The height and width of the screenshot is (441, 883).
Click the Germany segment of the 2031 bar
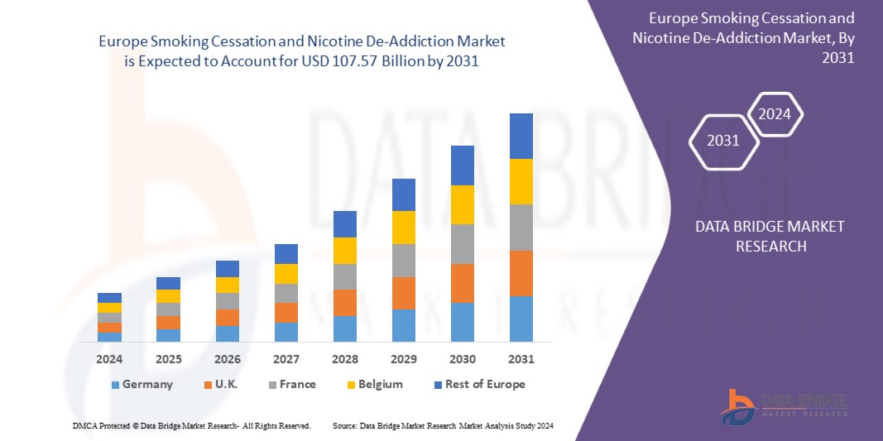point(521,319)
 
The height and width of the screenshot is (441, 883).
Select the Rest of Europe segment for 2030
point(462,165)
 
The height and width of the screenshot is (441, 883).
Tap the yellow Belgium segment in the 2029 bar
point(403,228)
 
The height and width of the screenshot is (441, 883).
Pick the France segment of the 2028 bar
point(344,276)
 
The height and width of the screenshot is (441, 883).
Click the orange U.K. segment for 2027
point(286,313)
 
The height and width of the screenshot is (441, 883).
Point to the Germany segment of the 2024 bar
point(109,337)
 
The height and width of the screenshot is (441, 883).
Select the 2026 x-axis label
point(227,360)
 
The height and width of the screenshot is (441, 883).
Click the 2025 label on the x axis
point(168,360)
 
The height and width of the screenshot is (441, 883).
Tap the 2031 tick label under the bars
point(521,360)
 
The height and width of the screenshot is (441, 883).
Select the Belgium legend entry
point(374,384)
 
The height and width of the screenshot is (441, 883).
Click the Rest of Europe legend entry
point(478,384)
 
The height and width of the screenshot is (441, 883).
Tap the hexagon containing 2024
point(775,115)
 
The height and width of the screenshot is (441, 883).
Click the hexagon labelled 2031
point(723,141)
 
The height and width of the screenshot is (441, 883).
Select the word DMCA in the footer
point(84,425)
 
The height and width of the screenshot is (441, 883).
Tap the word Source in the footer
point(343,425)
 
